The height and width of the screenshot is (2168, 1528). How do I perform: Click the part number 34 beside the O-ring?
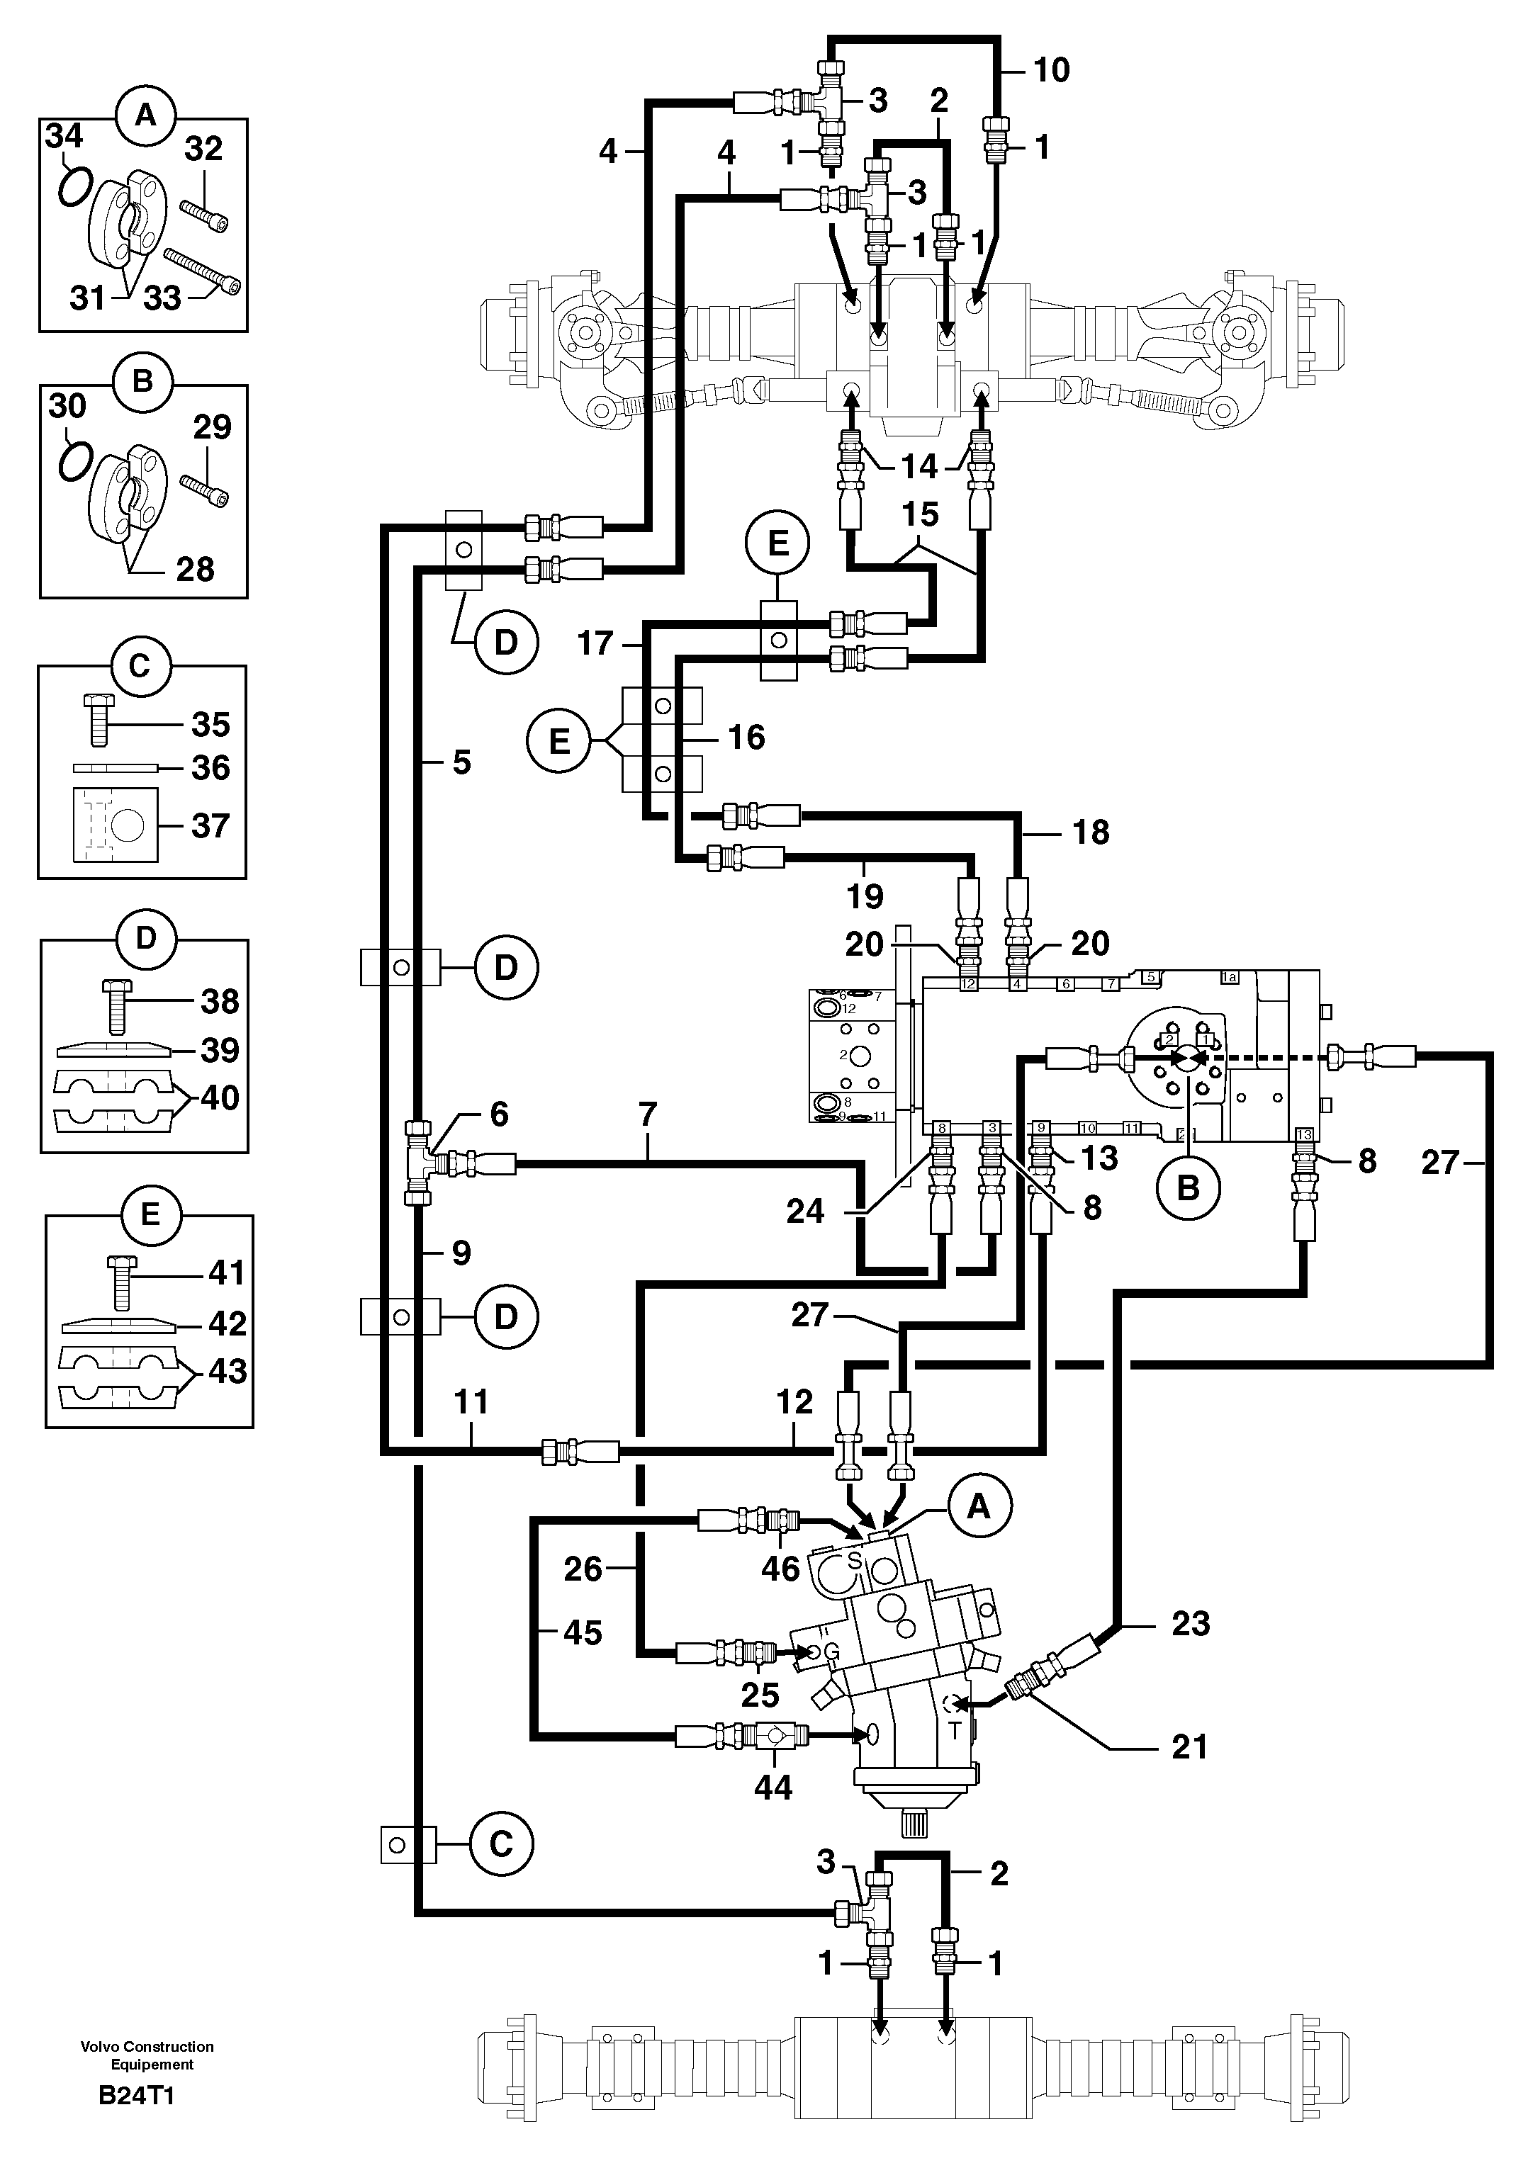pos(64,137)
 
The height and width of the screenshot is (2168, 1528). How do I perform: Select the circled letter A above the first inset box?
pos(144,115)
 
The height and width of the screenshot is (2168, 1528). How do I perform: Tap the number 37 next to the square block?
pos(210,826)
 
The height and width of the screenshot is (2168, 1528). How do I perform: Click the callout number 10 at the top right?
pos(1052,70)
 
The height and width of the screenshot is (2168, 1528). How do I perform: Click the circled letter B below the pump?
pos(1188,1188)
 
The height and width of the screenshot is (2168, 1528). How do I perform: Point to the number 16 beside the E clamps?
pos(746,738)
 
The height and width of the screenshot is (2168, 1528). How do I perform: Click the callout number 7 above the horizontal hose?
pos(647,1115)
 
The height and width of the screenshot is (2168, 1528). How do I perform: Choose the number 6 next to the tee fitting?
pos(499,1114)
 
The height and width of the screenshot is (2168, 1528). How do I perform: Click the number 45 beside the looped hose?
pos(582,1632)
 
